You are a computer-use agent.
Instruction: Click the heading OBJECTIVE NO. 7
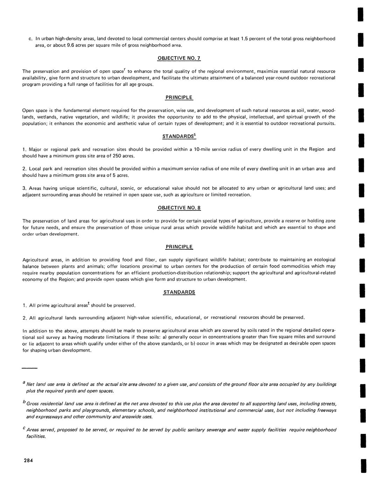tap(179, 58)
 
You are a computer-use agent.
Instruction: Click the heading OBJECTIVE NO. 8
tap(179, 208)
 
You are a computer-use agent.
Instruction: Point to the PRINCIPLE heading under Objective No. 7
tap(179, 97)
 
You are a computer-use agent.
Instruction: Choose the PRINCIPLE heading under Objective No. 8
tap(179, 247)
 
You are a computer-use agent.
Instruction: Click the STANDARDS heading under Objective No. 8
tap(179, 292)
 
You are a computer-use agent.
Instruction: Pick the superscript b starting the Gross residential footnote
tap(23, 402)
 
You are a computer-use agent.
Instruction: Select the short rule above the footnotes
tap(29, 368)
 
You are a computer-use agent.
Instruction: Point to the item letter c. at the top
tap(30, 39)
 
